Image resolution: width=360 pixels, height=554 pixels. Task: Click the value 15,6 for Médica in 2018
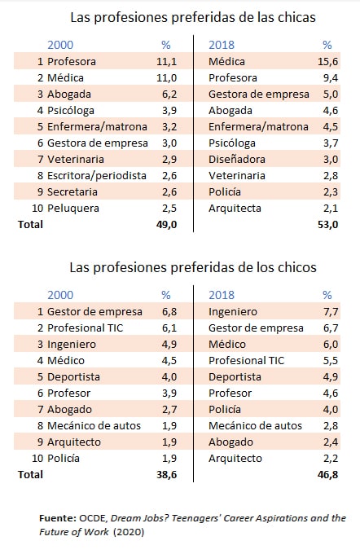pyautogui.click(x=328, y=61)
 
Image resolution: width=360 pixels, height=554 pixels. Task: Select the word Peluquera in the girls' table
pyautogui.click(x=73, y=208)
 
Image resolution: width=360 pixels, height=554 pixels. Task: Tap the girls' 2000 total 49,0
pyautogui.click(x=166, y=225)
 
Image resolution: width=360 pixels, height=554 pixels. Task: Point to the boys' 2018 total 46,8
pyautogui.click(x=328, y=474)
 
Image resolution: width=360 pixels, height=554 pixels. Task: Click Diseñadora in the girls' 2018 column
pyautogui.click(x=237, y=160)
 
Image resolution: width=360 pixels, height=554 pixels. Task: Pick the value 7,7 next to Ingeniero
pyautogui.click(x=331, y=311)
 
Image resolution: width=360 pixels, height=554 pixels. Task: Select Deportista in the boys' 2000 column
pyautogui.click(x=73, y=377)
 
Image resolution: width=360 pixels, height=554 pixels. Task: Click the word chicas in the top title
pyautogui.click(x=296, y=17)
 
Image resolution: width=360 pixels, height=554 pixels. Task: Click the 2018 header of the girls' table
pyautogui.click(x=222, y=45)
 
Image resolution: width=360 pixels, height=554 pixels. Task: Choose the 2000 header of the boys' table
pyautogui.click(x=60, y=295)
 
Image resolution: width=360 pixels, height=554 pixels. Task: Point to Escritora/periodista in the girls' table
pyautogui.click(x=97, y=176)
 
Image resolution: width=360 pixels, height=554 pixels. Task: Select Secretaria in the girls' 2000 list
pyautogui.click(x=72, y=191)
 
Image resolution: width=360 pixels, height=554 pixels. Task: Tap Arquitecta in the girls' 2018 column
pyautogui.click(x=235, y=209)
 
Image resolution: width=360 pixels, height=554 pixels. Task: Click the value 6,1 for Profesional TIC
pyautogui.click(x=169, y=328)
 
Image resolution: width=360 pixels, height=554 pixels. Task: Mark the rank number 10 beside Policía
pyautogui.click(x=37, y=458)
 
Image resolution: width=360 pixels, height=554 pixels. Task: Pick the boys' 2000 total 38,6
pyautogui.click(x=166, y=474)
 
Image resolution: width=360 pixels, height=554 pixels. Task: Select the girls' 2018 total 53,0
pyautogui.click(x=328, y=225)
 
